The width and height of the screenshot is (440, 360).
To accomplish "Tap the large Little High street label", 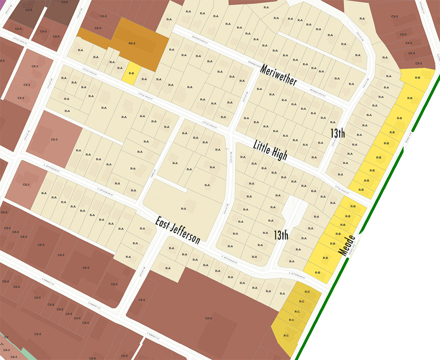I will point(270,150).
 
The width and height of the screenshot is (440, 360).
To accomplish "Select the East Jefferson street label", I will point(178,230).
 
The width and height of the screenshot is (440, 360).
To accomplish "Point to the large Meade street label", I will point(346,245).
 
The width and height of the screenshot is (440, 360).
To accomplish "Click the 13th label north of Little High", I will point(337,134).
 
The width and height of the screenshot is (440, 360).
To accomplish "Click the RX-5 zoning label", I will point(132,44).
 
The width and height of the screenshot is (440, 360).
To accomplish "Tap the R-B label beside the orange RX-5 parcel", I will point(131,73).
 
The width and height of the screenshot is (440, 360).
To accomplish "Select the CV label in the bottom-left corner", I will point(6,337).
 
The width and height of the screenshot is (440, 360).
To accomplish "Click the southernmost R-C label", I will point(286,336).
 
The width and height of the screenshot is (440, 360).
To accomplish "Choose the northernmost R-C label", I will point(307,292).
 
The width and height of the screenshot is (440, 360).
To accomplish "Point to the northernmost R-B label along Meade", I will point(418,77).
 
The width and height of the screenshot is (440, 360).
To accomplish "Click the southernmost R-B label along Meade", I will point(317,273).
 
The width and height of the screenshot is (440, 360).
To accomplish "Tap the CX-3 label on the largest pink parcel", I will point(55,139).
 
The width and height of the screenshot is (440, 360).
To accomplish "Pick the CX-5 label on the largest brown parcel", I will point(208,318).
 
